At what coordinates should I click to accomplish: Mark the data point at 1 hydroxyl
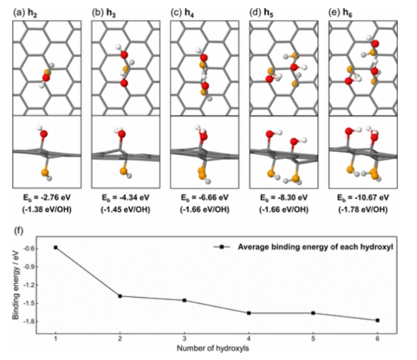pos(56,247)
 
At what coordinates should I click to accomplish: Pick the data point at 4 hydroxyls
pos(249,313)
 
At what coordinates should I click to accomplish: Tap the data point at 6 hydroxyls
pos(377,320)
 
